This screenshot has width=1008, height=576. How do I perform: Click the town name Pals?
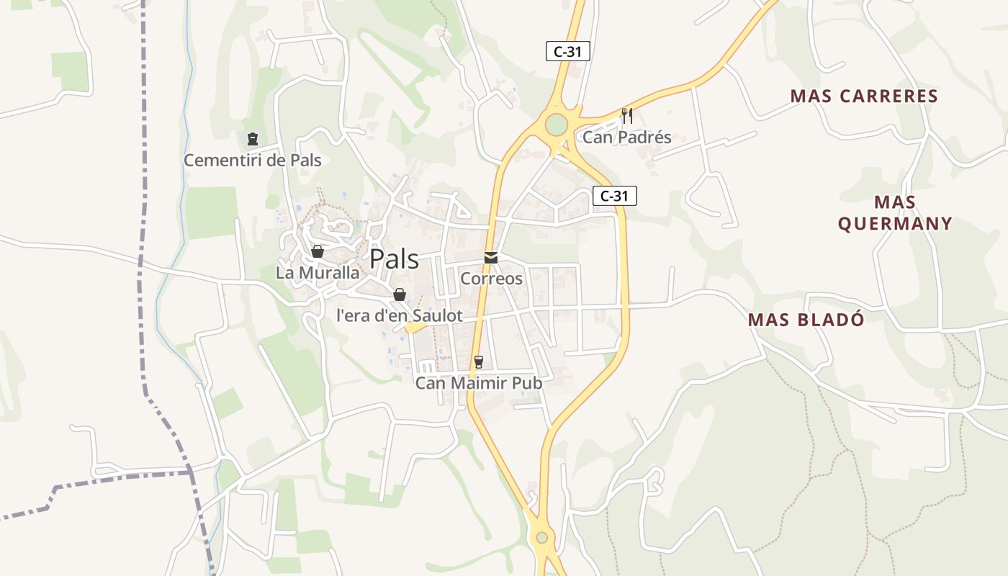point(394,259)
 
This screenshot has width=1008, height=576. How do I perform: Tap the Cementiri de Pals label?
point(252,160)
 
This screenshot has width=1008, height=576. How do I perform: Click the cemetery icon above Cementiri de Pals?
point(252,138)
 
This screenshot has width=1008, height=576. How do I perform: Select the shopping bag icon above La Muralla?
point(317,251)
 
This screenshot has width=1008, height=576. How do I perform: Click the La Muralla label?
point(318,273)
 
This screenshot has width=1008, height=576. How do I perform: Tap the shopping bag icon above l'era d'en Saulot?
point(400,294)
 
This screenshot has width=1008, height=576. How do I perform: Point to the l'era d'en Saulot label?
point(400,315)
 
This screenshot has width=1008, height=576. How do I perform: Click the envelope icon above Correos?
point(491,257)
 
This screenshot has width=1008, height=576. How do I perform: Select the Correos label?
point(491,278)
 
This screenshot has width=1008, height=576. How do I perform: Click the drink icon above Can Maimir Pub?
point(478,361)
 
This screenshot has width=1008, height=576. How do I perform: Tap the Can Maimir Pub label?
point(478,383)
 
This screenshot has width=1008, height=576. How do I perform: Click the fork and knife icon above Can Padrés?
point(627,115)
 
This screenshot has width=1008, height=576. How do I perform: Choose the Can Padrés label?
point(627,137)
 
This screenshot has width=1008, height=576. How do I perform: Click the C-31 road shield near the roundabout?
point(567,51)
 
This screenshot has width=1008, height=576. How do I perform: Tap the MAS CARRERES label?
point(864,96)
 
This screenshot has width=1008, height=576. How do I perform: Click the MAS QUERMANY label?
point(895,212)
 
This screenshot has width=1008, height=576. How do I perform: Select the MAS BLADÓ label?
point(806,320)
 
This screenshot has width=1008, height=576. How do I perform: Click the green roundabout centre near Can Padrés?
point(556,125)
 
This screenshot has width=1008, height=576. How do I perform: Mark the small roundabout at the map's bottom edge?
point(541,537)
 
